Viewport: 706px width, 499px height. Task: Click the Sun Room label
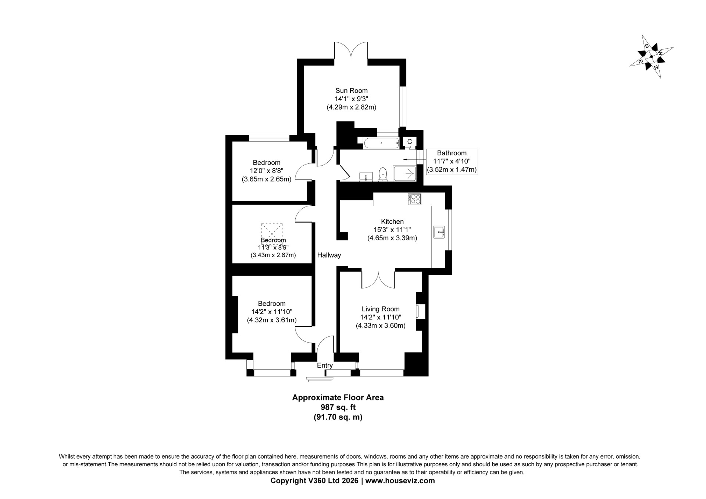[x=351, y=91]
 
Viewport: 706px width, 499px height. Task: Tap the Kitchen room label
[x=392, y=222]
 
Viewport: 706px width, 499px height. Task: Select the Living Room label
[x=380, y=309]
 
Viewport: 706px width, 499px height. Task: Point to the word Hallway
[x=329, y=255]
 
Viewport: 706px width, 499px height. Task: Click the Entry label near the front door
[x=325, y=365]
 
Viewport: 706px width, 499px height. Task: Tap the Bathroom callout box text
[x=452, y=162]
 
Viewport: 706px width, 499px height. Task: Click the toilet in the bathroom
[x=383, y=174]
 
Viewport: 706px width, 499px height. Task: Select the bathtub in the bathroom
[x=381, y=143]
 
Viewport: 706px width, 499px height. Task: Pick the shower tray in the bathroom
[x=405, y=174]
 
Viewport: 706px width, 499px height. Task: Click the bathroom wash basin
[x=366, y=177]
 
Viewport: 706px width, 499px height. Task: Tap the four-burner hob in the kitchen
[x=415, y=199]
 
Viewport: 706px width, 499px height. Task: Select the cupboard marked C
[x=410, y=142]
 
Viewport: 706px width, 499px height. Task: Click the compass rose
[x=652, y=57]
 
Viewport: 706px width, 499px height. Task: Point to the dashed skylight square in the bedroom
[x=272, y=234]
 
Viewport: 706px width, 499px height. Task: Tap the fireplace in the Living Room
[x=420, y=311]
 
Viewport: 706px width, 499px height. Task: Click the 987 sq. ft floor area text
[x=338, y=407]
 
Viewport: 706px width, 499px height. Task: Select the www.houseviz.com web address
[x=400, y=481]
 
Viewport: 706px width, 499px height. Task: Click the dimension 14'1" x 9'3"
[x=351, y=99]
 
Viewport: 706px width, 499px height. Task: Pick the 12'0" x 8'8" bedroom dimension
[x=267, y=171]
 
